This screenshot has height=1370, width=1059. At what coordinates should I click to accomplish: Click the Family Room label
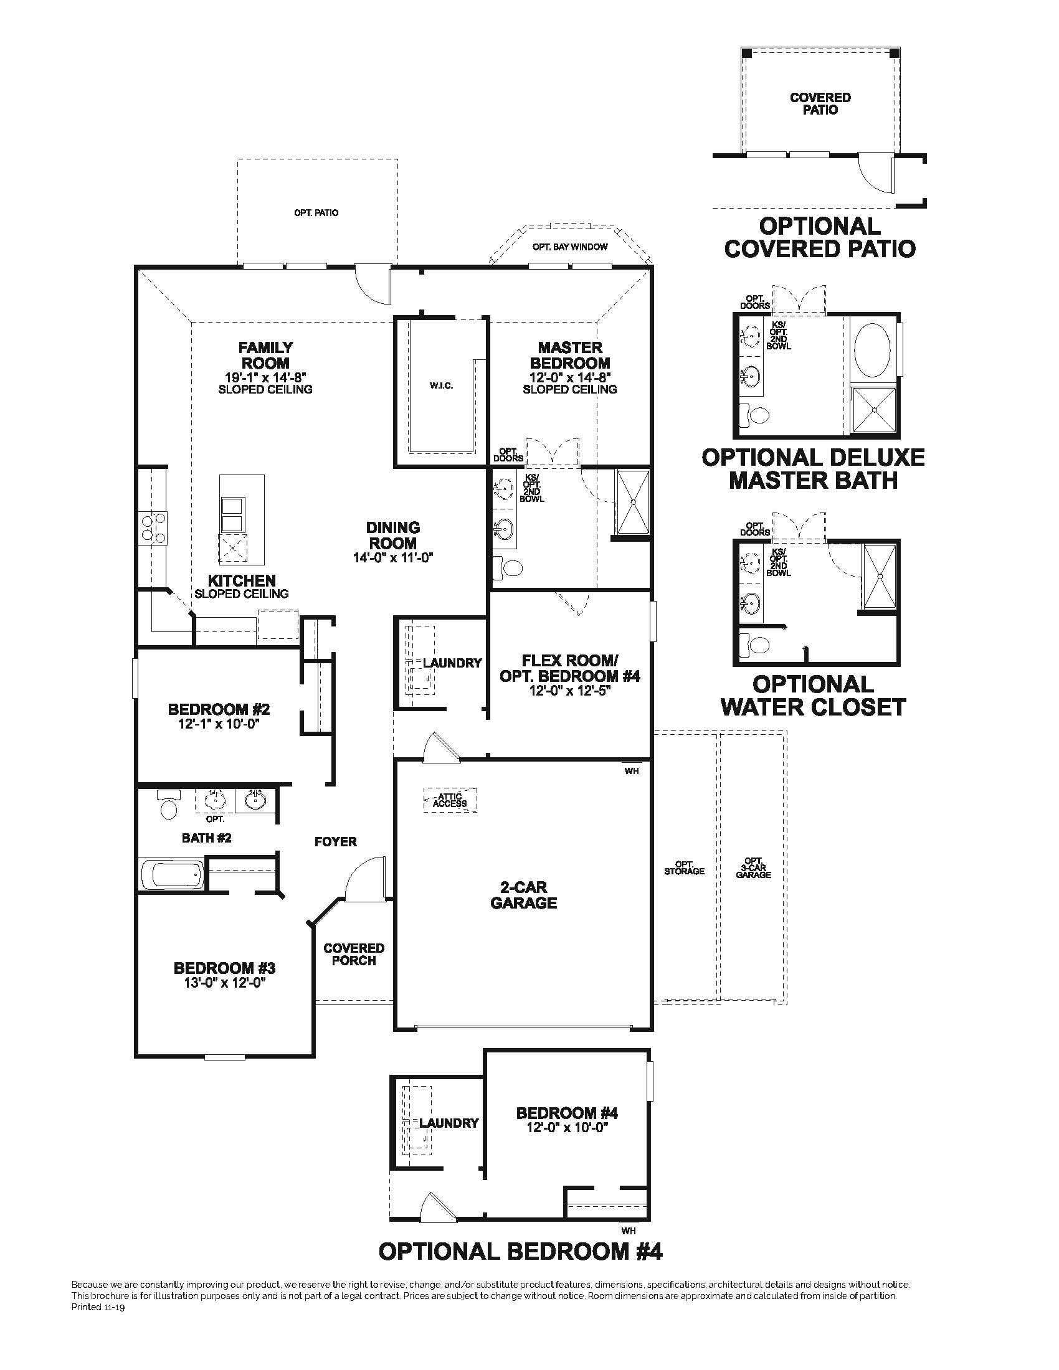coord(265,355)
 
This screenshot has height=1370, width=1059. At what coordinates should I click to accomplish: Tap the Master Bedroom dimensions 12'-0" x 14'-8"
coord(569,377)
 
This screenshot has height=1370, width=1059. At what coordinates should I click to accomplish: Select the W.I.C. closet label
coord(441,386)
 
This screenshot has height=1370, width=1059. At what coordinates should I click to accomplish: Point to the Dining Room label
coord(392,535)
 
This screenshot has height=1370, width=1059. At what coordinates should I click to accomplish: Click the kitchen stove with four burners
coord(153,527)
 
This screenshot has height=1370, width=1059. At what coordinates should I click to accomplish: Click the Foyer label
coord(336,841)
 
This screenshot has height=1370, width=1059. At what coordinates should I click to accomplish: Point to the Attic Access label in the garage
coord(450,800)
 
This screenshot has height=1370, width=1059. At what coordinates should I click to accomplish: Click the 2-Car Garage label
coord(523,895)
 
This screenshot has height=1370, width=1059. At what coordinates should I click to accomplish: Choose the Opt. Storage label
coord(685,867)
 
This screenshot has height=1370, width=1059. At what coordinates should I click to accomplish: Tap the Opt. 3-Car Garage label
coord(754,867)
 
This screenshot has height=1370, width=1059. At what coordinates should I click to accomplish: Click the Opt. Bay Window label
coord(569,247)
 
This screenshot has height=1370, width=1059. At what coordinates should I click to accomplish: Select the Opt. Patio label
coord(316,212)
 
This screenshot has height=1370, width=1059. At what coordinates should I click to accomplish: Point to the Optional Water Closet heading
coord(813,695)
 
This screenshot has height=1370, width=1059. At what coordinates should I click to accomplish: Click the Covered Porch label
coord(354,954)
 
